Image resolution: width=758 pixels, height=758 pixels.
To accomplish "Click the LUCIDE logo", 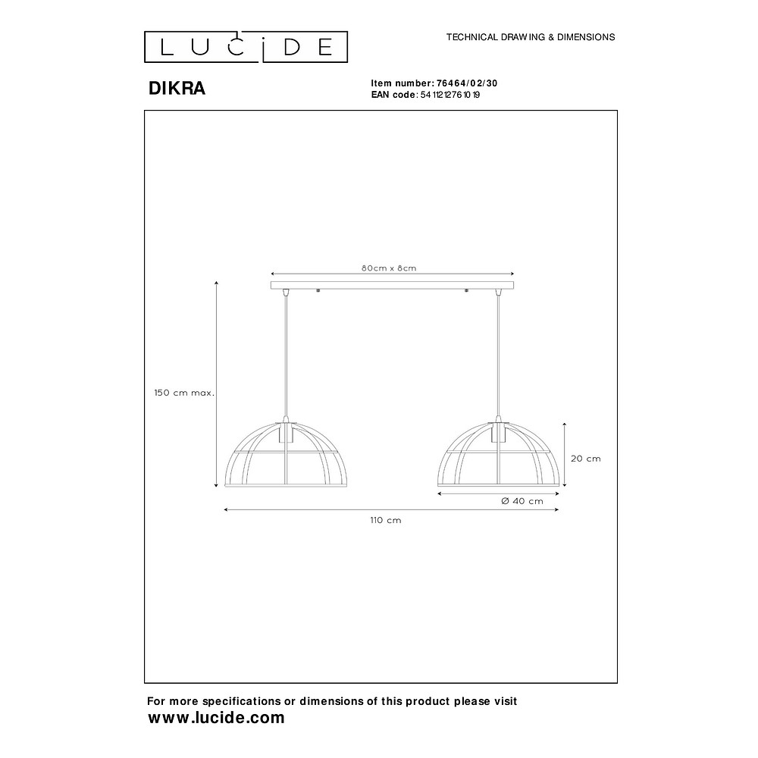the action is pos(246,47).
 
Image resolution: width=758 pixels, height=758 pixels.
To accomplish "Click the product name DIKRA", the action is pos(177,89).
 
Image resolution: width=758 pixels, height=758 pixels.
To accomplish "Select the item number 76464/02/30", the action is pos(467,83).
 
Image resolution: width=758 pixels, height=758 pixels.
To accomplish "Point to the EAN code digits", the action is pos(450,95).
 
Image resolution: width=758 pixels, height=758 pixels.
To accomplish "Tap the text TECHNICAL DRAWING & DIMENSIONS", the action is pos(531,37).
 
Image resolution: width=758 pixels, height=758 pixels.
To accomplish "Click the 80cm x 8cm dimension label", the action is pos(389,268).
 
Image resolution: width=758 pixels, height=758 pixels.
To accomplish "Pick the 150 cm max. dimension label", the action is pos(184,393).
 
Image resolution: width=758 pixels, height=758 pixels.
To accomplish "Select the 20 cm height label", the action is pos(585,459).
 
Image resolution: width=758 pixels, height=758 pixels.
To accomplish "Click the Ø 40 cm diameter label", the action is pos(522,501).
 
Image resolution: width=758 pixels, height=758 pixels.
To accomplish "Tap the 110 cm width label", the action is pos(386,521).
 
